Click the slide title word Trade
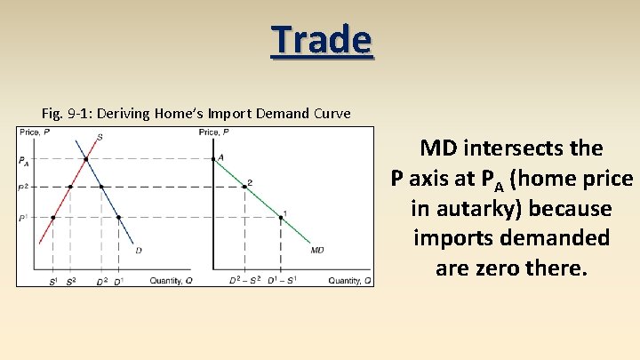(322, 40)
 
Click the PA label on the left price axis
(23, 161)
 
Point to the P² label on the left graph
(23, 188)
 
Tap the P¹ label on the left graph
(23, 217)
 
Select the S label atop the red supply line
(99, 137)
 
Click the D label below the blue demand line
(138, 251)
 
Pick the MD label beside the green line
(317, 250)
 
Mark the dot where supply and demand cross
(85, 160)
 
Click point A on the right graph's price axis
(214, 159)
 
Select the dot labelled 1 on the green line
(281, 217)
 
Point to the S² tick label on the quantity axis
(71, 281)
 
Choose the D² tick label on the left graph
(100, 281)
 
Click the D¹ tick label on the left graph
(118, 281)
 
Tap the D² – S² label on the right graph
(244, 281)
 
